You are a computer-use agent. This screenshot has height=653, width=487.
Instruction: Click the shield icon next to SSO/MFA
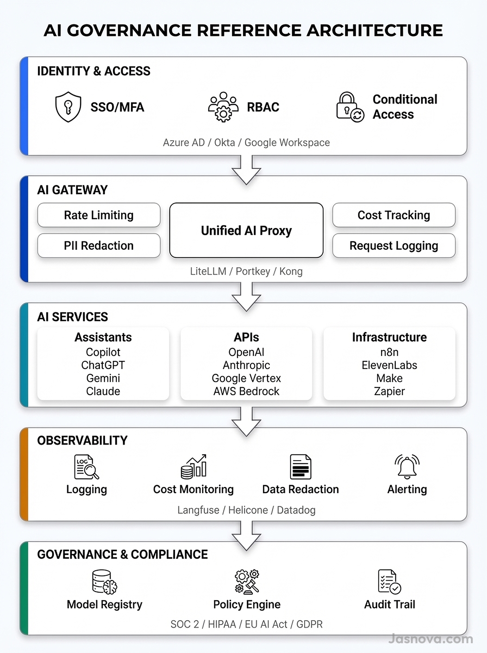[x=68, y=107]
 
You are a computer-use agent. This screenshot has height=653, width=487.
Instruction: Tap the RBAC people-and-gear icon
[x=223, y=107]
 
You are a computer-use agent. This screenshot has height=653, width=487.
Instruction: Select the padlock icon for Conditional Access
[x=350, y=107]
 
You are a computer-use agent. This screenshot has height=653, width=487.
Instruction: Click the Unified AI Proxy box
[x=246, y=230]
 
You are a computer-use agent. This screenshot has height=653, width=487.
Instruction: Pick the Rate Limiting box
[x=99, y=215]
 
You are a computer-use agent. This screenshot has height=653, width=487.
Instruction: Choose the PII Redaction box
[x=99, y=245]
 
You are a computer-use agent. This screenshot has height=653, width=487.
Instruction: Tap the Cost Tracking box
[x=394, y=215]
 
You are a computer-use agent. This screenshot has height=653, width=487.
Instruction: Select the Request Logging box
[x=394, y=245]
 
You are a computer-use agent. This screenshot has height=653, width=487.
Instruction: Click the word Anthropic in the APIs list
[x=246, y=365]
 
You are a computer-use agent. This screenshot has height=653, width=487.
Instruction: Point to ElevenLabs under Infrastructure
[x=389, y=365]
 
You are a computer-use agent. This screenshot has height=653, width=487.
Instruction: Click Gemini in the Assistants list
[x=103, y=378]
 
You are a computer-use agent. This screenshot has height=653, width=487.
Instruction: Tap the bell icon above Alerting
[x=407, y=466]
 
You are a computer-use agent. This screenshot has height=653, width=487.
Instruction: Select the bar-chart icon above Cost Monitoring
[x=194, y=467]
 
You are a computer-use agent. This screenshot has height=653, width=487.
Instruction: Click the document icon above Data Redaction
[x=300, y=467]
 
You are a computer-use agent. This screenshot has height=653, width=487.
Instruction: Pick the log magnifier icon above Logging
[x=86, y=467]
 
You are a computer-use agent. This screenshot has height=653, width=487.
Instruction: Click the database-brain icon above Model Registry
[x=104, y=582]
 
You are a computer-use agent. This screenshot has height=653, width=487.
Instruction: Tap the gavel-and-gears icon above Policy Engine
[x=247, y=581]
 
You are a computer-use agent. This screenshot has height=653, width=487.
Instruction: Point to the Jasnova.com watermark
[x=430, y=639]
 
